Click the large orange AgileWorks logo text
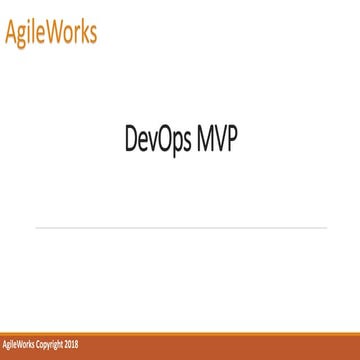pos(51,32)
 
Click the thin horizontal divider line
pos(180,228)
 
